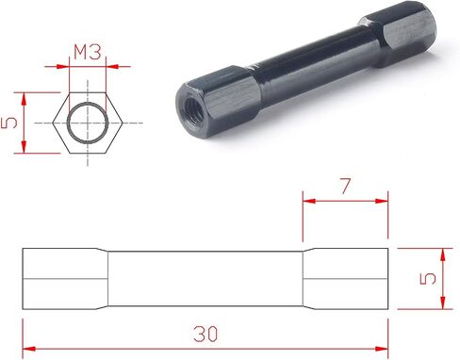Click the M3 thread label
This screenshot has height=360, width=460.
[88, 52]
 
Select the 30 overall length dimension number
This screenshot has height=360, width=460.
[205, 334]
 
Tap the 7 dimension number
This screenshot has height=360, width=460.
[345, 186]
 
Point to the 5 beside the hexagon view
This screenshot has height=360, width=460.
[8, 123]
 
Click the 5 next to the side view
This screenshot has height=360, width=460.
[428, 278]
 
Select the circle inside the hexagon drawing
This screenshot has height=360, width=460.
[88, 123]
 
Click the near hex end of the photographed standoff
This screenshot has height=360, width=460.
[218, 101]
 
